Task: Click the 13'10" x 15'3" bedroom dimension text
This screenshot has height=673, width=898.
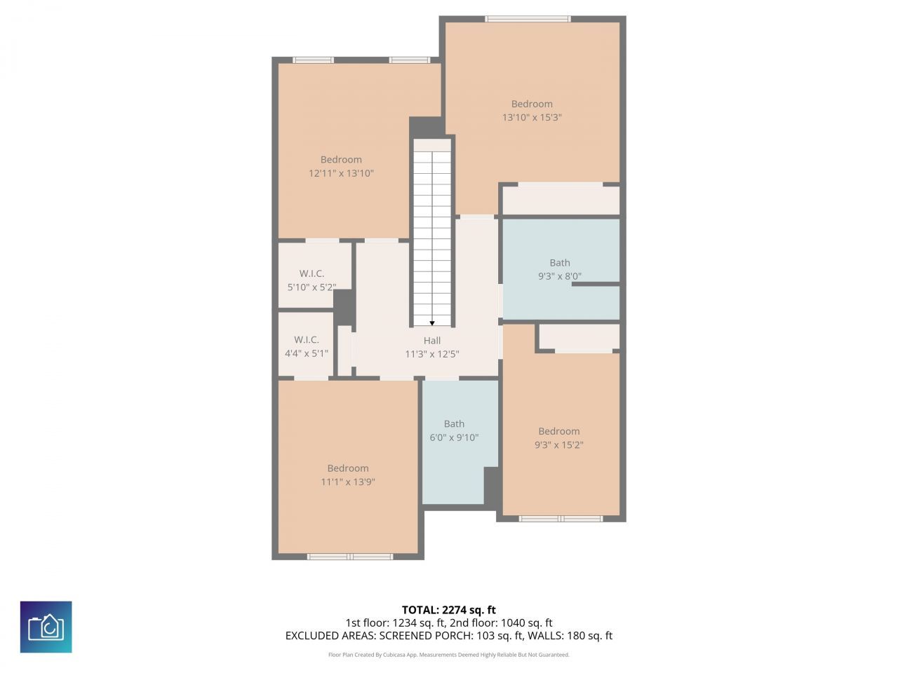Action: [532, 118]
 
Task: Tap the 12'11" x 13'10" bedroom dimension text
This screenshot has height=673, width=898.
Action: [341, 173]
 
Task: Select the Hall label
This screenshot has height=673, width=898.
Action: [432, 341]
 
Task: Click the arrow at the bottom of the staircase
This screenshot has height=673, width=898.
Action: [431, 323]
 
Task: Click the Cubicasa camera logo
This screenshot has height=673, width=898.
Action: [46, 627]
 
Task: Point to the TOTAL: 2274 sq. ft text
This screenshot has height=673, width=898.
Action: [449, 610]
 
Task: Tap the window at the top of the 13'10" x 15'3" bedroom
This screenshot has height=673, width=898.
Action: [528, 19]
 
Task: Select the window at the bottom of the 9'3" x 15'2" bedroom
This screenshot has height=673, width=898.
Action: [561, 519]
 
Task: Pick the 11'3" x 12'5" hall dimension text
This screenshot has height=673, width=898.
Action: [432, 355]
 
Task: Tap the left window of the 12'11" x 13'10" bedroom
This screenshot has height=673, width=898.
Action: [313, 60]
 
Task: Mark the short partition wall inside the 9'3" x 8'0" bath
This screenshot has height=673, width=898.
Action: [596, 285]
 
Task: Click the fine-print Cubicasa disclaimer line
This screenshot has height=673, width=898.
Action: [449, 655]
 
